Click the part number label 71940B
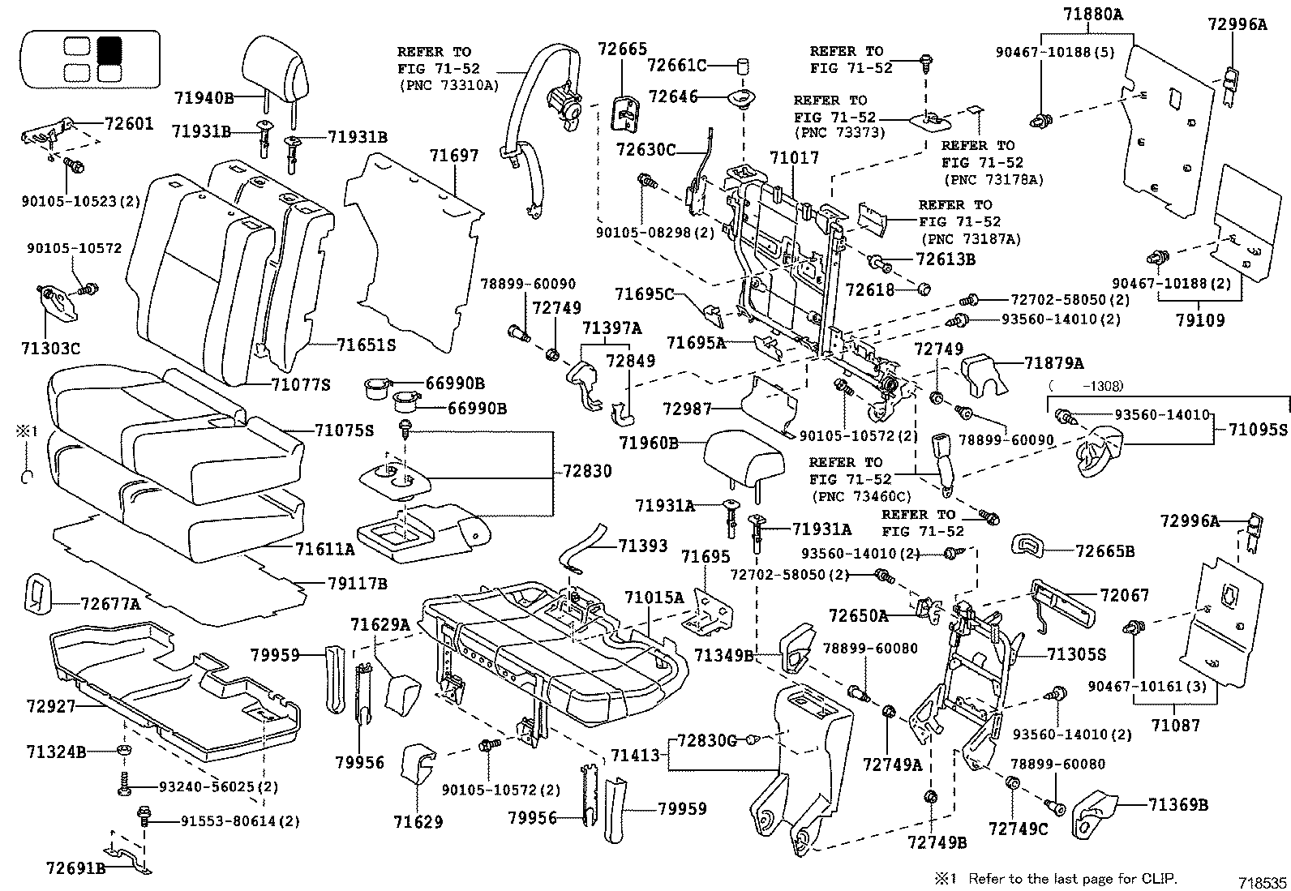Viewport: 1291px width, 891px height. [204, 98]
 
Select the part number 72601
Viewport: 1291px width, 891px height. [128, 124]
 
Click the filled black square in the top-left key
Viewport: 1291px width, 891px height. [108, 50]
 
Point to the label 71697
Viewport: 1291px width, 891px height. [454, 156]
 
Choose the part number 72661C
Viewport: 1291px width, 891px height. [677, 65]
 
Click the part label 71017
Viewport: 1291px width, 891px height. [794, 157]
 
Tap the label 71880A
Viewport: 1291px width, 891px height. [1087, 14]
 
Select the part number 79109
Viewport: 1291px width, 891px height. [1200, 319]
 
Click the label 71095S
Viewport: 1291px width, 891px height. [1258, 429]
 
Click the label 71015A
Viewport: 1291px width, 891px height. [654, 598]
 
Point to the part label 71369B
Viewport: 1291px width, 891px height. [1177, 804]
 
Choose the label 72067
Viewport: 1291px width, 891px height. [1125, 595]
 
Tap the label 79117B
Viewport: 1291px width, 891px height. [358, 583]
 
